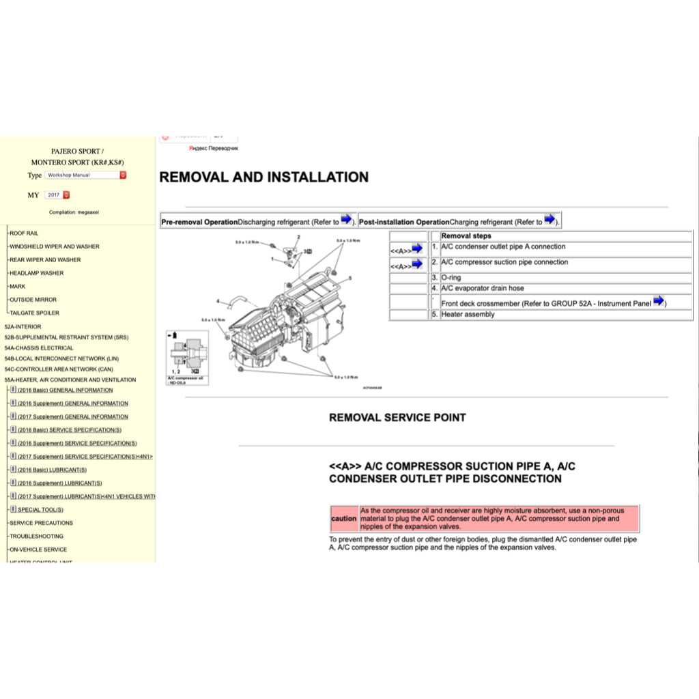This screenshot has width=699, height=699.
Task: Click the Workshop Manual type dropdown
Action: (x=85, y=175)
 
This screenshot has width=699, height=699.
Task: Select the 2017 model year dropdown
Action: (x=57, y=195)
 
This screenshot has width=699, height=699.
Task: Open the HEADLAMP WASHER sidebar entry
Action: (x=36, y=273)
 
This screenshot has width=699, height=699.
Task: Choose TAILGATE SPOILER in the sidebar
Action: (x=34, y=313)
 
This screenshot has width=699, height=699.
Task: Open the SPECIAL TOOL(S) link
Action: (x=40, y=509)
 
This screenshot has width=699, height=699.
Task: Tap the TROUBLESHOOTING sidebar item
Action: (x=36, y=536)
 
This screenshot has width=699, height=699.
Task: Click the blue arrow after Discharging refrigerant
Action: (x=346, y=220)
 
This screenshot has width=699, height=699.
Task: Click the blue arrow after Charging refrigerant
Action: (x=550, y=220)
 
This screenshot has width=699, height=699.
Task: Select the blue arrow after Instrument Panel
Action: (x=658, y=301)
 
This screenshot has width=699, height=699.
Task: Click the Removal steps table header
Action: (x=466, y=236)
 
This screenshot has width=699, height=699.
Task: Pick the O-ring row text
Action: (x=451, y=278)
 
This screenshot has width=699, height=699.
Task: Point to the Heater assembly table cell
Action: (x=468, y=315)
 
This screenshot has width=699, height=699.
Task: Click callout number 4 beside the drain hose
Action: (x=218, y=301)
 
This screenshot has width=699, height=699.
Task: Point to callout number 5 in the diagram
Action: (x=349, y=279)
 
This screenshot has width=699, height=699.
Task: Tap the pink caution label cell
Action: (x=343, y=519)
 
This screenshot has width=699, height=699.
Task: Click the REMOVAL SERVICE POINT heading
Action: (x=397, y=417)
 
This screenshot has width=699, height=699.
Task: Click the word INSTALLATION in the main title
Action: (x=317, y=177)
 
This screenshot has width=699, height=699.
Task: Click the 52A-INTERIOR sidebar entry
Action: (x=23, y=326)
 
